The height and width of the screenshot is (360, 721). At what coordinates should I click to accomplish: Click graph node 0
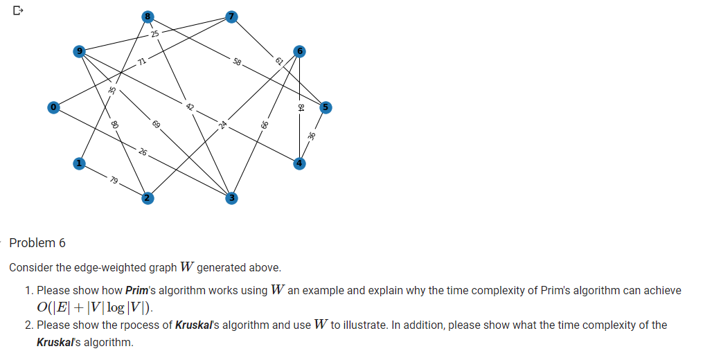(53, 107)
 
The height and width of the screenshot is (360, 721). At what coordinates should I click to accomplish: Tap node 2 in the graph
(146, 199)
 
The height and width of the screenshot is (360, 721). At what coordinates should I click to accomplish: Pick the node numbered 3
(232, 199)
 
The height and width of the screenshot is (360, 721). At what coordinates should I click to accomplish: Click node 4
(299, 163)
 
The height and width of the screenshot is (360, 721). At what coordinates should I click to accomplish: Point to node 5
(326, 107)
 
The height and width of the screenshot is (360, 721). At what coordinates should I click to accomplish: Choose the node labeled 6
(299, 51)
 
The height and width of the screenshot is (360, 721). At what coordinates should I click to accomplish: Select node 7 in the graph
(232, 16)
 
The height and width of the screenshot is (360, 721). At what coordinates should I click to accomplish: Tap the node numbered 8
(146, 16)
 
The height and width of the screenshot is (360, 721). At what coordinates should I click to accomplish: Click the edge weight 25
(154, 33)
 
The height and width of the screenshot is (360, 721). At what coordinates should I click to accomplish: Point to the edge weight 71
(141, 62)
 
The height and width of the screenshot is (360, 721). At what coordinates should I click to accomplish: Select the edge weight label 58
(238, 62)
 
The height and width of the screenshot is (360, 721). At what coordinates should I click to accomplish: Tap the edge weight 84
(300, 107)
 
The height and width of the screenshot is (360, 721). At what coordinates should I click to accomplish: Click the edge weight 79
(114, 181)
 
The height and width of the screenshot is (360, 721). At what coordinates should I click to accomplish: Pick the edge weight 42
(189, 107)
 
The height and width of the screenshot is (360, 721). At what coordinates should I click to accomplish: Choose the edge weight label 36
(312, 136)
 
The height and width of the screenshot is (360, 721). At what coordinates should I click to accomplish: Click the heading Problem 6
(37, 243)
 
